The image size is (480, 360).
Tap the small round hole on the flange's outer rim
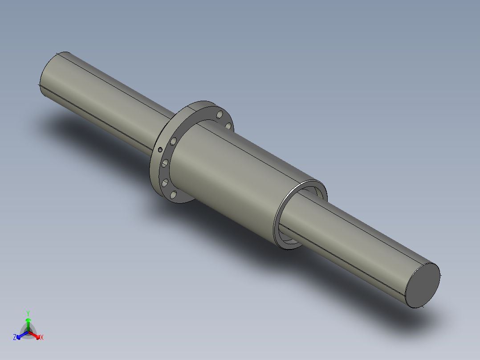[x=159, y=149]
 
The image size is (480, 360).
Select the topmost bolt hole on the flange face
[x=219, y=115]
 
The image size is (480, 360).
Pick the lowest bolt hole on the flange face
[x=173, y=194]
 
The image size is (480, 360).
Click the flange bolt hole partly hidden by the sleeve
[x=228, y=126]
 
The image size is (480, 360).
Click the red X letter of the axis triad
[x=42, y=338]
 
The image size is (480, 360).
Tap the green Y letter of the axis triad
[x=28, y=313]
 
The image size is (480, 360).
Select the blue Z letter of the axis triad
[x=15, y=338]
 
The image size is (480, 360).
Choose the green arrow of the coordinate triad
[x=28, y=322]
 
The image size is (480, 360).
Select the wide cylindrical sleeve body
[x=232, y=178]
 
